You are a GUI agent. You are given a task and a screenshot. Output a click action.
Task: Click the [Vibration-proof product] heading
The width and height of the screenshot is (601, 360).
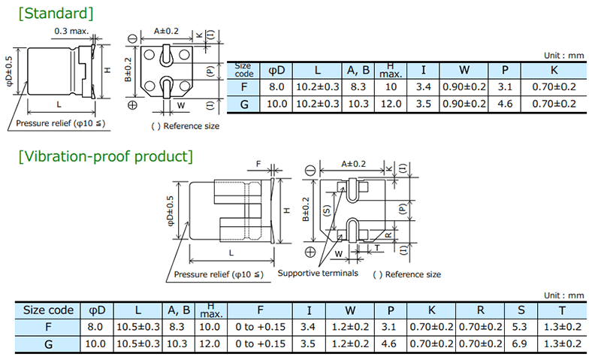[x=105, y=156]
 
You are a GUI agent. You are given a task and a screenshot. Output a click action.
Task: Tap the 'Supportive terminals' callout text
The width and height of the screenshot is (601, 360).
[x=318, y=274]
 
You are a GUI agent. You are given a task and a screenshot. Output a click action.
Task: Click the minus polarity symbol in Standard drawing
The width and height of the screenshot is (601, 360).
[x=133, y=38]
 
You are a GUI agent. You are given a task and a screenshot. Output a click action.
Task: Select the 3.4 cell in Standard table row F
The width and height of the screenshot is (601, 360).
[x=424, y=87]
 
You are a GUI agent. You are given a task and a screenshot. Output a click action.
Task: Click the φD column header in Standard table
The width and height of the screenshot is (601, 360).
[x=276, y=71]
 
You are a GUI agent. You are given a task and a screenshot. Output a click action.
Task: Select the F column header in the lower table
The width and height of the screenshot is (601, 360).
[x=259, y=310]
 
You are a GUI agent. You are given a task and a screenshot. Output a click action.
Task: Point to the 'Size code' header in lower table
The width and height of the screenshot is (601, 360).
[x=48, y=310]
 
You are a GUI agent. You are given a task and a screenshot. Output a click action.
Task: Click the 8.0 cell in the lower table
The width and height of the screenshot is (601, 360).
[x=95, y=327]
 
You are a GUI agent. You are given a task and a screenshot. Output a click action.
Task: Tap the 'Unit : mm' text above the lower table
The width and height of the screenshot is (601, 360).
[x=563, y=296]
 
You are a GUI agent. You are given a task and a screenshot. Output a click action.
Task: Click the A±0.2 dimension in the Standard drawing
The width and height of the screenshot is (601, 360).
[x=166, y=31]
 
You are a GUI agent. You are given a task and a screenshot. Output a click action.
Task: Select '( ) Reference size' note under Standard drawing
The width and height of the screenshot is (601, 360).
[x=186, y=126]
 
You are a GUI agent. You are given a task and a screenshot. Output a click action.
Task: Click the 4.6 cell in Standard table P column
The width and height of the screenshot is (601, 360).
[x=504, y=104]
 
